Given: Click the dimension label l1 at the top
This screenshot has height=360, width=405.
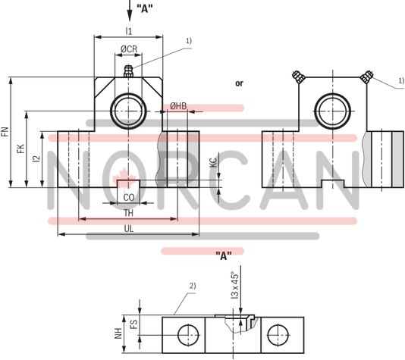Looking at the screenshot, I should coord(128,31).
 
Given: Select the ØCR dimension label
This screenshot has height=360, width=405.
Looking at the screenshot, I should coord(129,49).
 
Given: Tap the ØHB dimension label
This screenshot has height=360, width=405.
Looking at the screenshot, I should coord(178,106).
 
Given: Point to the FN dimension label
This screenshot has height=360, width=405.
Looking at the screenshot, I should coord(5,134).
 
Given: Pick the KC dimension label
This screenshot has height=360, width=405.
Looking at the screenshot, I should coord(213,162).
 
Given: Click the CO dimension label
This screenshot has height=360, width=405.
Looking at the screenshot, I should coord(129,198).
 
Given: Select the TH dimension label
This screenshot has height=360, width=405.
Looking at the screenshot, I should coord(129,214).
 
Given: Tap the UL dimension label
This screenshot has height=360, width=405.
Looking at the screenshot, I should coord(129,228).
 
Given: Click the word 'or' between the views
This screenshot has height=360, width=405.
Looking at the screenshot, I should coord(239,83).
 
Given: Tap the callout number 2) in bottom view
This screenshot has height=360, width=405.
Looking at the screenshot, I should coord(193,285).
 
